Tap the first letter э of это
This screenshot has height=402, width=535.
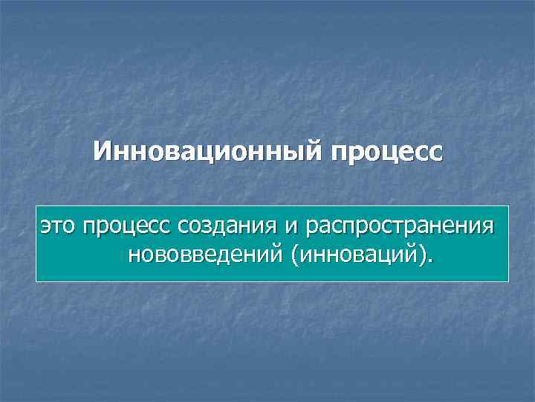(x=45, y=226)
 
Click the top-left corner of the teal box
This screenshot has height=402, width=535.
(x=36, y=206)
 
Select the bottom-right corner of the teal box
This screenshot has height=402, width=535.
(x=508, y=281)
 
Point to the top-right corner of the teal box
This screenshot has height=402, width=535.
(x=508, y=206)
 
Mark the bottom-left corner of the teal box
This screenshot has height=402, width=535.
(x=36, y=281)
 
